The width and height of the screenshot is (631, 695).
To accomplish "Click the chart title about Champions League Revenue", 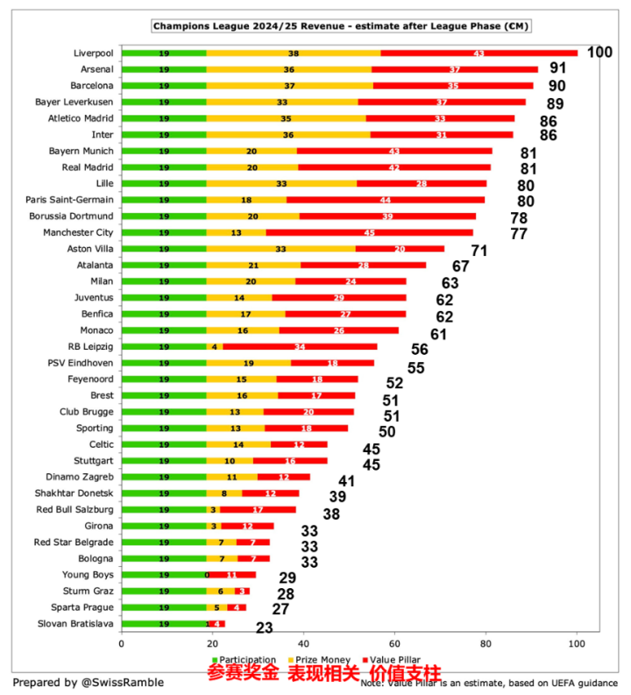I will click(x=342, y=26).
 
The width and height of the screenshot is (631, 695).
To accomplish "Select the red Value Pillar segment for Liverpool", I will click(x=479, y=53).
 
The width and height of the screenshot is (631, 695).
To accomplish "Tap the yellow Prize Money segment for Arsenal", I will click(x=288, y=69).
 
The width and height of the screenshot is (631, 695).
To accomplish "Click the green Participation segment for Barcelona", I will click(x=164, y=86).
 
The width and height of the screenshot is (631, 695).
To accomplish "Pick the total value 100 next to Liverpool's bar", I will click(x=599, y=53).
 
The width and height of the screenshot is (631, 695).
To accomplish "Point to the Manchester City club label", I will click(x=78, y=232).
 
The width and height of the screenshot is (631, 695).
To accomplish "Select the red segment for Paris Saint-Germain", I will click(x=386, y=200).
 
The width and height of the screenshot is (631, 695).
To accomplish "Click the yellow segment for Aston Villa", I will click(x=280, y=249).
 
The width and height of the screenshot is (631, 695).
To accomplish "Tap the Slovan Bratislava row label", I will click(x=75, y=623).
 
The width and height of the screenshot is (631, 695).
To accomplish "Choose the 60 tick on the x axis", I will click(x=394, y=642).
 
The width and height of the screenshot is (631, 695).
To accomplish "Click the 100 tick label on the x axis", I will click(x=576, y=642).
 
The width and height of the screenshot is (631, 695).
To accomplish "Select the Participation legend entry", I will click(x=243, y=660).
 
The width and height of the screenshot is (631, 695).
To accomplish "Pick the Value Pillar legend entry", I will click(x=390, y=660).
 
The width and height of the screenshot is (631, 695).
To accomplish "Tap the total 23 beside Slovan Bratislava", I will click(x=265, y=628).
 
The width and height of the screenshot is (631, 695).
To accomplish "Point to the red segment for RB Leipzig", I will click(x=300, y=347).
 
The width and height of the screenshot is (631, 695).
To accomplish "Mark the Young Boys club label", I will click(x=88, y=575).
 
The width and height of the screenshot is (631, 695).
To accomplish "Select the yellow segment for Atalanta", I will click(x=254, y=265).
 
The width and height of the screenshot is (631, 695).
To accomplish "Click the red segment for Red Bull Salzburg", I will click(x=258, y=510).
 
